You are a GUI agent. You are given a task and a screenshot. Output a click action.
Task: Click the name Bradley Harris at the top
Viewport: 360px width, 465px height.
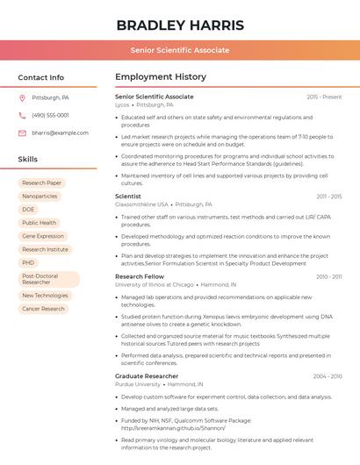180,25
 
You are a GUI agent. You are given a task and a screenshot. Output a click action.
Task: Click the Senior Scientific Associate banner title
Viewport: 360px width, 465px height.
180,50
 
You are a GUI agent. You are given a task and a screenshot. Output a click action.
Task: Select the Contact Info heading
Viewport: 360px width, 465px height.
41,77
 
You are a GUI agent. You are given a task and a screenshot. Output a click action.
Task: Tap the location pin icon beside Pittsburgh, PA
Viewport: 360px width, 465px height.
22,97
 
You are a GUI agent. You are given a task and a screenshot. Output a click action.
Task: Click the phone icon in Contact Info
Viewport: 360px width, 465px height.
22,115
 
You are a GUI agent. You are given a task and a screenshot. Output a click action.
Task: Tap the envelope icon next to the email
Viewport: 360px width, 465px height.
22,132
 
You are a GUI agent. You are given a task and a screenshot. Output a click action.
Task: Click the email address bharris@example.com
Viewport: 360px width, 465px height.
60,132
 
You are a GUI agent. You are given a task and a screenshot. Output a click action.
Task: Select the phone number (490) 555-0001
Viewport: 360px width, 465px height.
50,115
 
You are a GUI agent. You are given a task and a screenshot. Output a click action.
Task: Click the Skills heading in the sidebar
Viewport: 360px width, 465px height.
28,160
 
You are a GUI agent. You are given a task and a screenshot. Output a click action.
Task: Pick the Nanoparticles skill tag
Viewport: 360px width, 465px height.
40,196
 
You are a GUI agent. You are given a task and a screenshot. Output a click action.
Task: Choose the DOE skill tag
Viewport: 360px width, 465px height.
28,210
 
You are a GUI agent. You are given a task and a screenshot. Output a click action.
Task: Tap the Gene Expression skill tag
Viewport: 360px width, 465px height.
43,236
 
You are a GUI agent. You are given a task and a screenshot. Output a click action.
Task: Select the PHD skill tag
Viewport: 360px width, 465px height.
28,262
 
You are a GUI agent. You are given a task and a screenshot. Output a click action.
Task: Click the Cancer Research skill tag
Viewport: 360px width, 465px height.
43,309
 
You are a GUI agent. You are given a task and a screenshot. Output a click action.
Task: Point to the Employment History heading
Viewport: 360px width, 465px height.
161,77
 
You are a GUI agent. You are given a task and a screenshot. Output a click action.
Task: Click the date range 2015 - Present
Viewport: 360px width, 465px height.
324,97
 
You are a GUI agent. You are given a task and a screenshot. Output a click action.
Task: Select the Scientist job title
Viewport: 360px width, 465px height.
128,197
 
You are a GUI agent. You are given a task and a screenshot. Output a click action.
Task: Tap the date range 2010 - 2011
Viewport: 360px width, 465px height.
328,276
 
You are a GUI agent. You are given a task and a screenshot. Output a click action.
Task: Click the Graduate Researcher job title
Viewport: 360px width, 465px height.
147,376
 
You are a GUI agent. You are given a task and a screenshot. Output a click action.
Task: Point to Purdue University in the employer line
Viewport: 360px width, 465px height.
138,384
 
